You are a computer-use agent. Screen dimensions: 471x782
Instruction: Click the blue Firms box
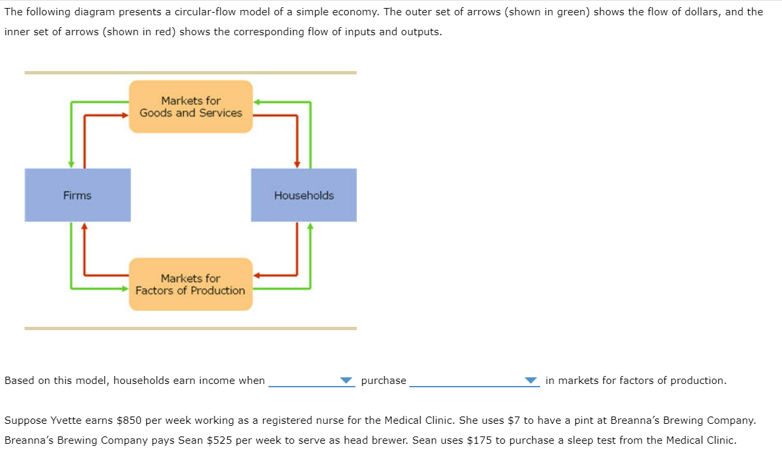tap(77, 195)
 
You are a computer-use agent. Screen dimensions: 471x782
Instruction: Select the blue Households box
tap(304, 195)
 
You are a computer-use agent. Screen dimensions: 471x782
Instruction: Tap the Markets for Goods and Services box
tap(191, 107)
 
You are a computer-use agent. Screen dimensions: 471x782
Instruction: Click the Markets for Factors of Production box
tap(191, 284)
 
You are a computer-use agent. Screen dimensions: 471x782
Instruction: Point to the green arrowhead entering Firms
tap(71, 164)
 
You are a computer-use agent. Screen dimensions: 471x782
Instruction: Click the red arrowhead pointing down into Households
tap(297, 164)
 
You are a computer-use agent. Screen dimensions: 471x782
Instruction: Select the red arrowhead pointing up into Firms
tap(84, 226)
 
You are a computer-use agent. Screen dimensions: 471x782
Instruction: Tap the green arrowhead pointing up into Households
tap(310, 226)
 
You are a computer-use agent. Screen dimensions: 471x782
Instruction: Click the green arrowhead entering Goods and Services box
tap(257, 102)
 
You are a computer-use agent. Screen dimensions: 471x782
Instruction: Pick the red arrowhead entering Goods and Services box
tap(124, 115)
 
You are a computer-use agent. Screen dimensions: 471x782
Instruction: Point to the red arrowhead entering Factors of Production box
tap(257, 274)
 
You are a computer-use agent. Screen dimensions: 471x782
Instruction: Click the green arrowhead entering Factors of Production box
tap(124, 288)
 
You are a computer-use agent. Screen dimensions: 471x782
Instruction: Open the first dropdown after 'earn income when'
tap(311, 381)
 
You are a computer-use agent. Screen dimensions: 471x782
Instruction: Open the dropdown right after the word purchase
tap(474, 381)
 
